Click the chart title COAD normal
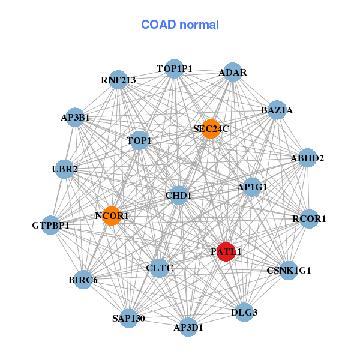point(180,25)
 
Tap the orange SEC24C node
point(210,128)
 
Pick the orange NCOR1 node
point(112,215)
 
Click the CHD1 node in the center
point(179,195)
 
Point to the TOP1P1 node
point(174,69)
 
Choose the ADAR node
point(232,73)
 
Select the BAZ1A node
point(277,110)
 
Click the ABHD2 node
point(307,158)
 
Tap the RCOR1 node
point(308,218)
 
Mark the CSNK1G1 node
point(289,270)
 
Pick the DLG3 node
point(244,312)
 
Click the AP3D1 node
point(188,327)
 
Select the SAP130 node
point(128,318)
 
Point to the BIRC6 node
point(83,280)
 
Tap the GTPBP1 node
point(51,226)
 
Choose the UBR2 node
point(65,169)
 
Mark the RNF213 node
point(118,80)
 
